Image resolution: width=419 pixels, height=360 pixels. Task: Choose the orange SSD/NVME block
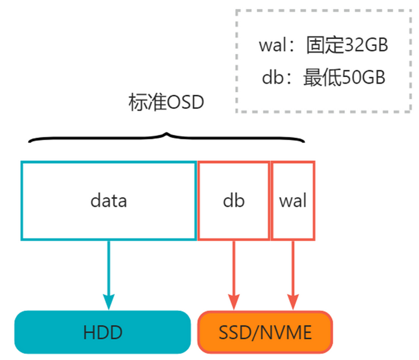coord(265,332)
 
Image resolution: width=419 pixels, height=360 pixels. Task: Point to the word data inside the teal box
coord(108,200)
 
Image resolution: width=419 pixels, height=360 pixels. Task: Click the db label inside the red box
coord(233,200)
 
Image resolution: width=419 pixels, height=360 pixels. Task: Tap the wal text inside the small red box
coord(293,200)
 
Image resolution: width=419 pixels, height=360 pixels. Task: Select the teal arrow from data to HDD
coord(108,269)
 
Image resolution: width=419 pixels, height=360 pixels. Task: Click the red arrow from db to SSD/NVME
coord(233,269)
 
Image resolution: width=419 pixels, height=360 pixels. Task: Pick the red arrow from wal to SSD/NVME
coord(293,269)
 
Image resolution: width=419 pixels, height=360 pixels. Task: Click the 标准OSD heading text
coord(166,102)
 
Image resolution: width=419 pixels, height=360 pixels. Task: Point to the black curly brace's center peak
coord(167,135)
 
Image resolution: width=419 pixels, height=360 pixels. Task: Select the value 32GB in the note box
coord(367,45)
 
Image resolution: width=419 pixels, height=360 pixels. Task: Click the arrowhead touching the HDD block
coord(108,301)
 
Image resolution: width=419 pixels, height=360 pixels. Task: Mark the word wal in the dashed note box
coord(273,45)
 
